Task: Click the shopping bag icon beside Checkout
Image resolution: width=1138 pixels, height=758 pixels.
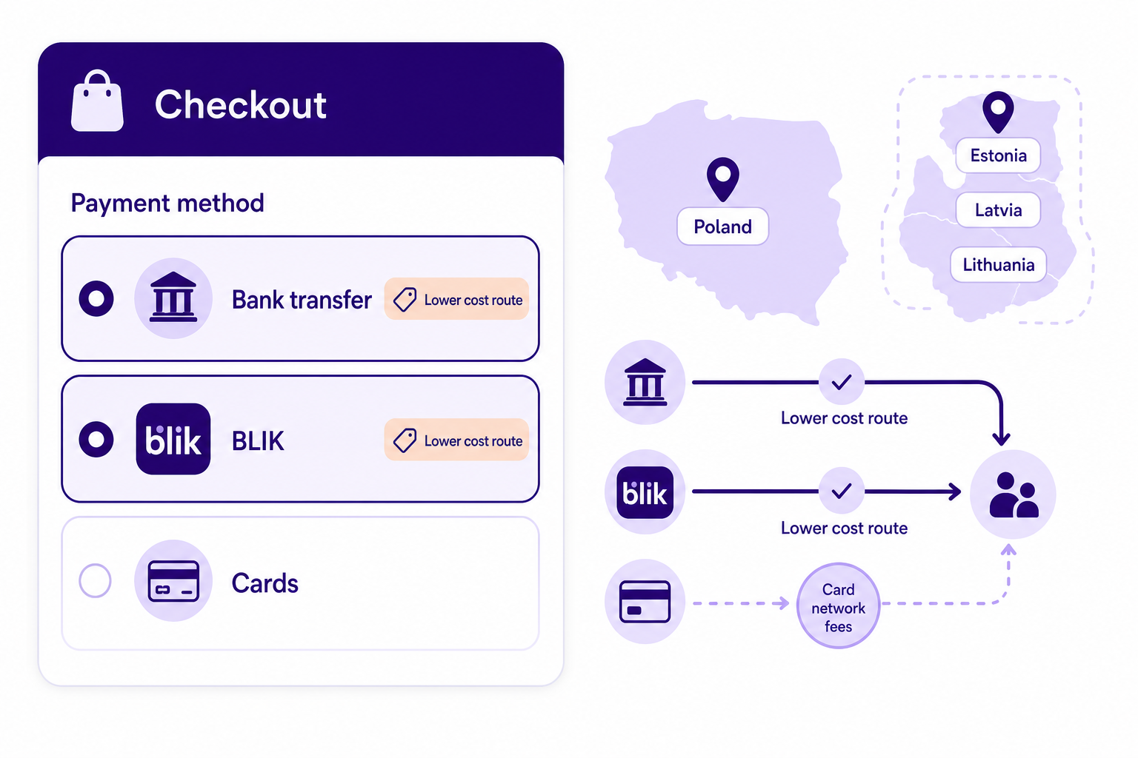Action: point(97,101)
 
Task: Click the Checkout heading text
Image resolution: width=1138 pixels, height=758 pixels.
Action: point(240,104)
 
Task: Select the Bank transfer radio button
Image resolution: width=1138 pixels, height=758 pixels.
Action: point(96,298)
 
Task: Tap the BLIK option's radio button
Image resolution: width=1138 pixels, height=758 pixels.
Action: point(96,439)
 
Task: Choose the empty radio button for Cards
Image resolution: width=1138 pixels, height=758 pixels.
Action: point(95,580)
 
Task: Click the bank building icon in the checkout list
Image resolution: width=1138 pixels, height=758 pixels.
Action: point(173,298)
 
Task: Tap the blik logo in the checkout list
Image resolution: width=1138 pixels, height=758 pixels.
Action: point(173,439)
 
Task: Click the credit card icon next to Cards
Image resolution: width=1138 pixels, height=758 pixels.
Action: point(173,581)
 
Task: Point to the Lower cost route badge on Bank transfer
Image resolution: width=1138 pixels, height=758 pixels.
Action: point(456,299)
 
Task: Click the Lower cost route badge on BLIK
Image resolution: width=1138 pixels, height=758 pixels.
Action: point(456,440)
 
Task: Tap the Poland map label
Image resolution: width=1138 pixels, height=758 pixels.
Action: point(723,227)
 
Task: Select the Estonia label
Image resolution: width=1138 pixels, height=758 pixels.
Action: point(998,155)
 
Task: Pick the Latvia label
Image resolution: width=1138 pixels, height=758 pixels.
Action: point(998,209)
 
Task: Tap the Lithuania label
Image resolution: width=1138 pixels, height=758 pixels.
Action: point(998,264)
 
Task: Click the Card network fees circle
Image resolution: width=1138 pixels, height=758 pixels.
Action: point(838,606)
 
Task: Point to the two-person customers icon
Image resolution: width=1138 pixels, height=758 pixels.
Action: point(1014,495)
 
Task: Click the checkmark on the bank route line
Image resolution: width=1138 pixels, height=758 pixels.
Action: point(842,382)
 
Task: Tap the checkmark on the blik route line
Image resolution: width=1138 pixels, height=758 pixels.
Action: point(842,491)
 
